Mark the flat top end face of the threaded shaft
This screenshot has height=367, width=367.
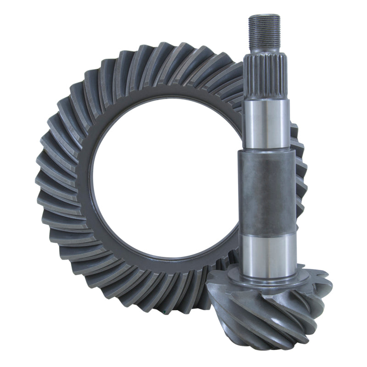coord(264,16)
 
